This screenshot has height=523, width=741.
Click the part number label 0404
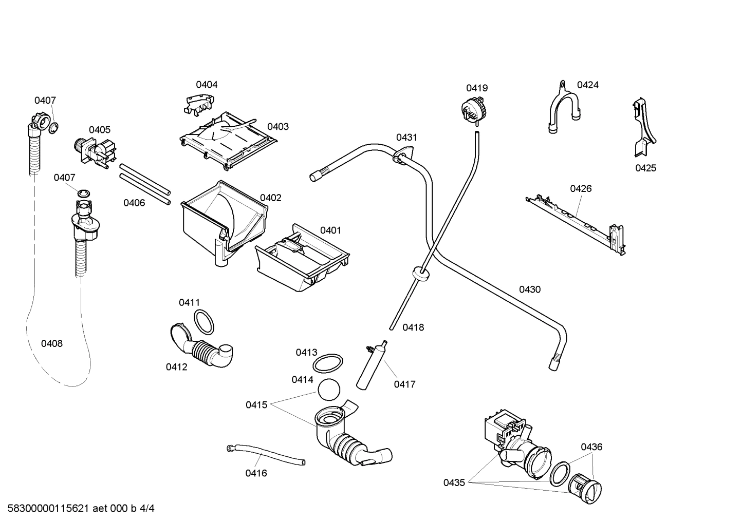(207, 85)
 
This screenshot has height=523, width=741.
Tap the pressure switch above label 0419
(474, 109)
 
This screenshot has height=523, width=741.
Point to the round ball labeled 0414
(329, 390)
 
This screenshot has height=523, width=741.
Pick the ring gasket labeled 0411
(205, 322)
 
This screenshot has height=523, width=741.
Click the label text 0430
(529, 289)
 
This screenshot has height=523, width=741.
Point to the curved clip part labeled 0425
(644, 128)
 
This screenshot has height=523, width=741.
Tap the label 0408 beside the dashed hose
(52, 343)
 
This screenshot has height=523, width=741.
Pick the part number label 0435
(454, 482)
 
